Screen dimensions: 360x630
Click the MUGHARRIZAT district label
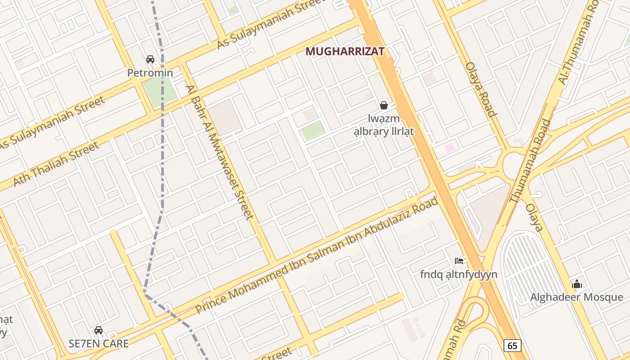(345, 52)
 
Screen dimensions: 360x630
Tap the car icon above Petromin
(150, 59)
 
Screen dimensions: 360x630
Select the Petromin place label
(150, 72)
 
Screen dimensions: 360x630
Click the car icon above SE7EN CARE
(99, 330)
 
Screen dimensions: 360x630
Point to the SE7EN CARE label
(99, 343)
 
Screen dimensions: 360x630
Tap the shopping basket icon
(384, 105)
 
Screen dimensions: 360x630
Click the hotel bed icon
(459, 261)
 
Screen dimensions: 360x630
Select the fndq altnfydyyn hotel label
(459, 274)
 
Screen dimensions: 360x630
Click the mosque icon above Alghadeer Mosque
(577, 284)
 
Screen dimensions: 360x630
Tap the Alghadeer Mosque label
(576, 297)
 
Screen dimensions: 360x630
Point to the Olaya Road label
(481, 89)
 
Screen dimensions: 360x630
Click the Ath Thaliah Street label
(56, 164)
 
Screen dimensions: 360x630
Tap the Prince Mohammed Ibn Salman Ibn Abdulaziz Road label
(317, 255)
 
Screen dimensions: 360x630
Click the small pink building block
(450, 148)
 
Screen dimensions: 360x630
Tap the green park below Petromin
(160, 93)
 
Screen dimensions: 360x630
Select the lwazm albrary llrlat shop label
(384, 126)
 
